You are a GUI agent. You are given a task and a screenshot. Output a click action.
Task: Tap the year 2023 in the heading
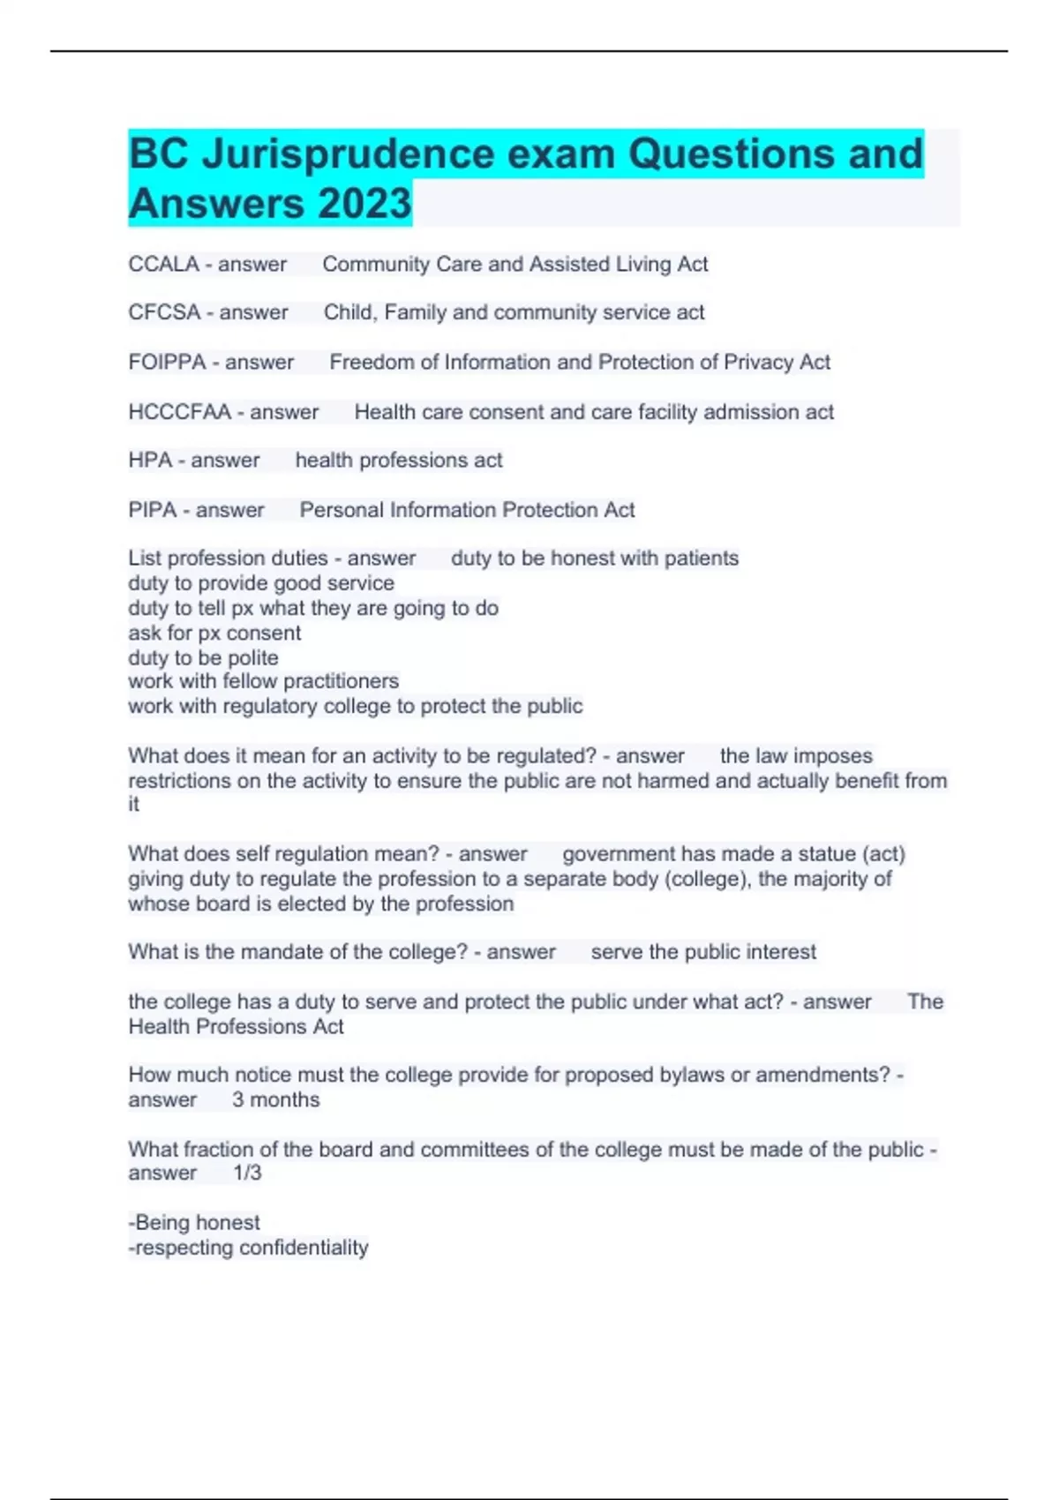click(x=364, y=203)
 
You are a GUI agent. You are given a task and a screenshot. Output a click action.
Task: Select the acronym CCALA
click(x=163, y=264)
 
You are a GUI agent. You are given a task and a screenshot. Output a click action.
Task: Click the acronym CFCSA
click(x=164, y=312)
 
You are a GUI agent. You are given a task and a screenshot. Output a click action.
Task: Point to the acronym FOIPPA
click(x=167, y=362)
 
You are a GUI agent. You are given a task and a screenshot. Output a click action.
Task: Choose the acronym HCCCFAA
click(x=179, y=412)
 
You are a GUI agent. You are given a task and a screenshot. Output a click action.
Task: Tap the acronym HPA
click(x=150, y=461)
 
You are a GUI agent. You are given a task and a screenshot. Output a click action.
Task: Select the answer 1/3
click(x=247, y=1173)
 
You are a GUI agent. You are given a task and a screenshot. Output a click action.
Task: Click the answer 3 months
click(x=275, y=1099)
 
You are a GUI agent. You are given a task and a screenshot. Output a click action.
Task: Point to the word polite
click(x=253, y=657)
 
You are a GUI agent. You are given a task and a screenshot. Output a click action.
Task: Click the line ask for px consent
click(x=214, y=633)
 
